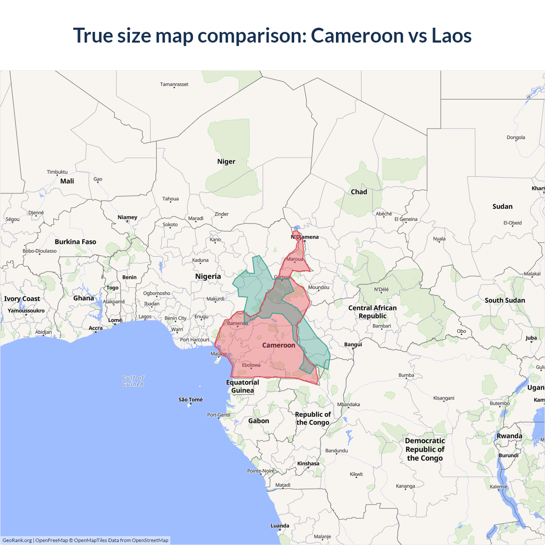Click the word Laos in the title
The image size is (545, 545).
click(x=451, y=35)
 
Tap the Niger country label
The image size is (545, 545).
click(x=226, y=162)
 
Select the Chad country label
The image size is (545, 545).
click(x=359, y=192)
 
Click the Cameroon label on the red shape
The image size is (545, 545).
click(x=278, y=345)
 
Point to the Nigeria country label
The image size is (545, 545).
click(x=208, y=276)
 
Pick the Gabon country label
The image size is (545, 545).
click(x=258, y=421)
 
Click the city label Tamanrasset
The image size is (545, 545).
click(x=174, y=84)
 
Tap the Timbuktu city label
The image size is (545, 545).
click(x=57, y=172)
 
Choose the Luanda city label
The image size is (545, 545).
click(x=280, y=526)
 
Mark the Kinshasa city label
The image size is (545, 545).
click(x=308, y=464)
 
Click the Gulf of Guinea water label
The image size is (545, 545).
click(x=133, y=381)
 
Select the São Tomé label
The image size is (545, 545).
click(x=191, y=400)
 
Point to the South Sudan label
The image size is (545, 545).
click(x=505, y=301)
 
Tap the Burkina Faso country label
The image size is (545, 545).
click(x=75, y=242)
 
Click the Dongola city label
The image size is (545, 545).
click(x=516, y=138)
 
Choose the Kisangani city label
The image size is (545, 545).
click(x=444, y=398)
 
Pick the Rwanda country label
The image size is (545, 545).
click(x=509, y=436)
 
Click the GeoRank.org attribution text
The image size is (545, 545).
click(x=17, y=540)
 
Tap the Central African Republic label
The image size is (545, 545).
click(x=373, y=312)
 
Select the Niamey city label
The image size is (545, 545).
click(x=127, y=217)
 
